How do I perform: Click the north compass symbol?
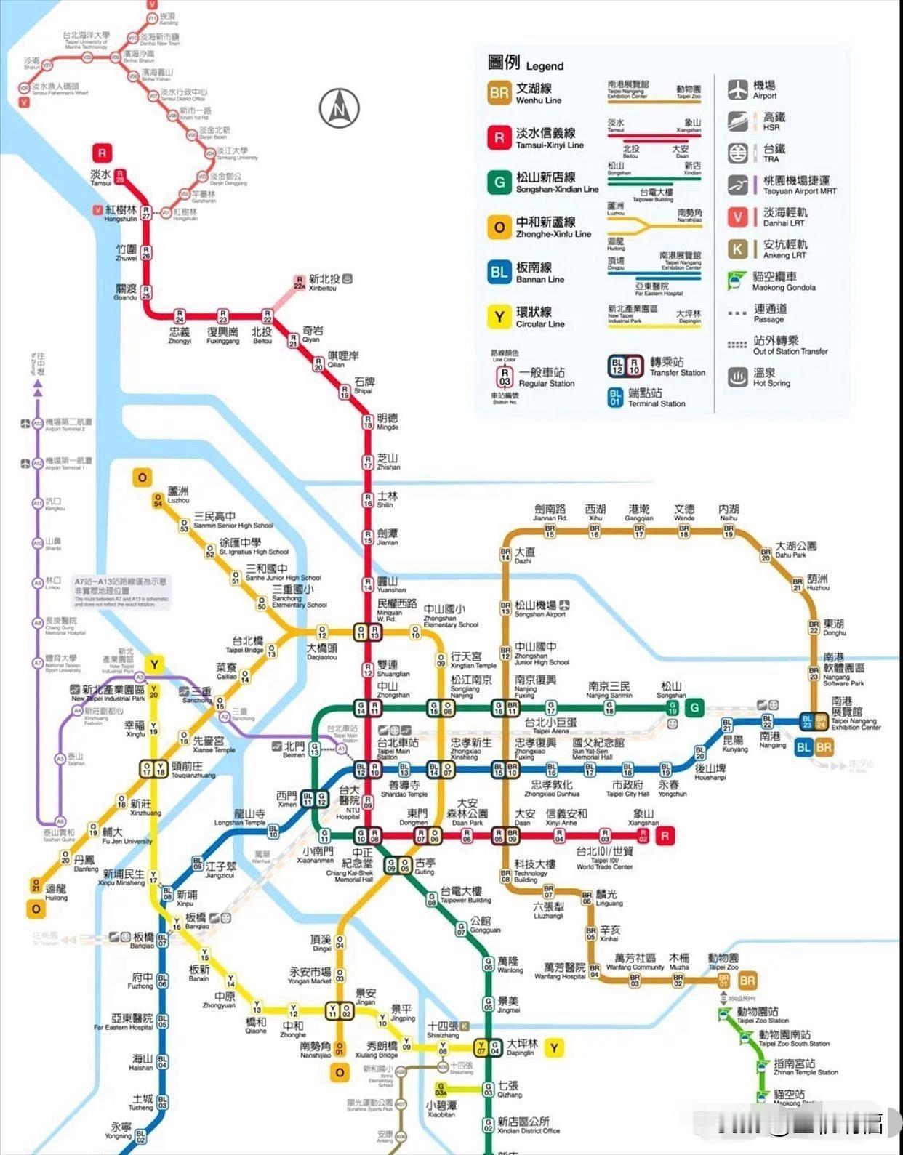339,108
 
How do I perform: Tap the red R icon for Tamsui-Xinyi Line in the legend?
499,137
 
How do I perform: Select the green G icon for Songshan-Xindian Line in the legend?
499,182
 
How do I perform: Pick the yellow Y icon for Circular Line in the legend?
499,317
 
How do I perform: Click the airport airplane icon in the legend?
738,89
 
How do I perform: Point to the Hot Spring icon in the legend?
738,377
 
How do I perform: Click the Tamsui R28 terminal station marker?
120,177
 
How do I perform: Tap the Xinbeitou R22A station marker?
299,283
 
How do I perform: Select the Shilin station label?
387,499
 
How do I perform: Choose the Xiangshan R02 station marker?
642,835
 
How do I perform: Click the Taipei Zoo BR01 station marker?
723,980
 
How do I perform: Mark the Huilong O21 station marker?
36,885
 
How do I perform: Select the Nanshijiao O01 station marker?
340,1047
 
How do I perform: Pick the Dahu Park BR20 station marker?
766,555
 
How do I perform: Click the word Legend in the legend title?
545,66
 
